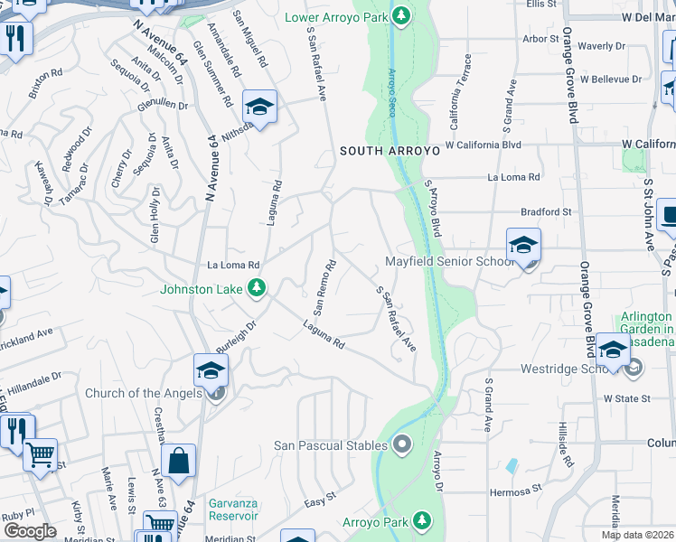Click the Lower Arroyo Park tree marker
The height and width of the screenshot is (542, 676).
point(402,17)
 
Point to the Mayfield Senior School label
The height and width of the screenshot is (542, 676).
point(449,262)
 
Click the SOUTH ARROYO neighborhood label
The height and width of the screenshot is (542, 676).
point(390,152)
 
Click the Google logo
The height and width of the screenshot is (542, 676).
point(30,531)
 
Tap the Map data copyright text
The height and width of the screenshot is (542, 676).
point(638,535)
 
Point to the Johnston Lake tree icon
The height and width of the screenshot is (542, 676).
point(258,288)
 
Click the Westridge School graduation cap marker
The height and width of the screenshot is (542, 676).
point(613,350)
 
